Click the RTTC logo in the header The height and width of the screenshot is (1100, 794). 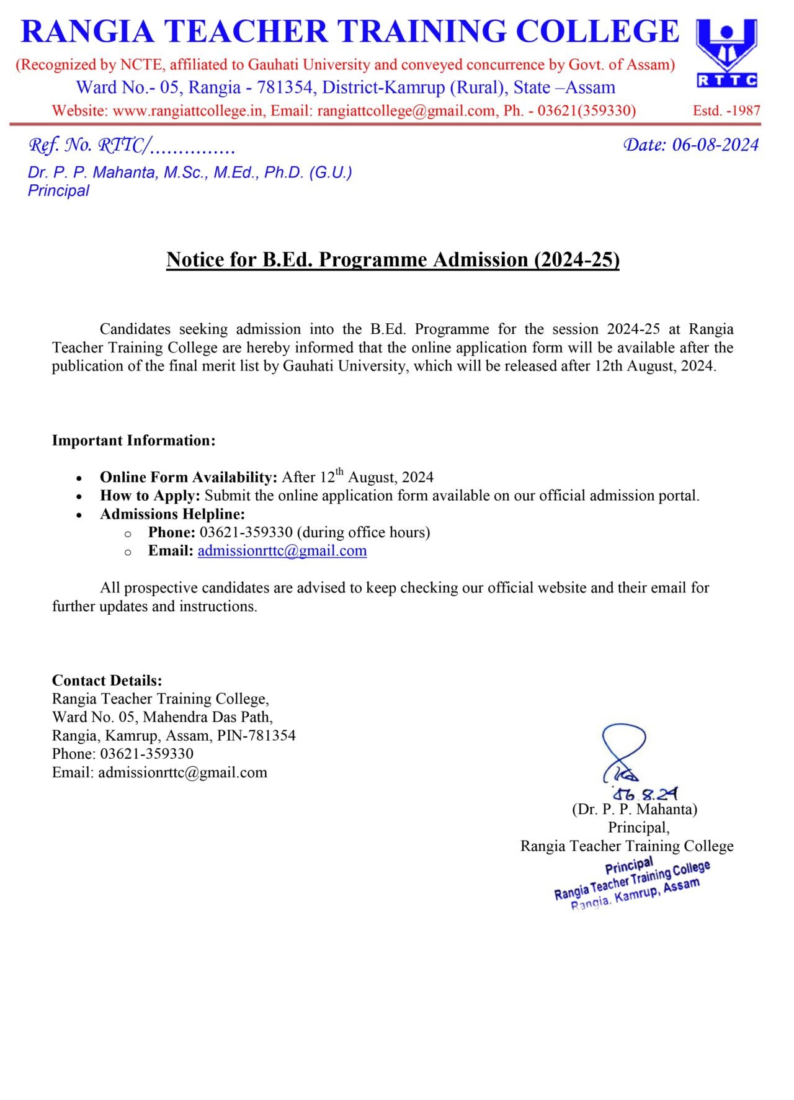pos(726,53)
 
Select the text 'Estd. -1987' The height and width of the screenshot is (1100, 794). pos(726,111)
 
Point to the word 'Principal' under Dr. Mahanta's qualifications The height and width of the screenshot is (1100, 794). pos(58,190)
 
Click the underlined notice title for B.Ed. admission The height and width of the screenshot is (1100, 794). pos(393,259)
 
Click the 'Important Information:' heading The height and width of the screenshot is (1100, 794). pos(133,440)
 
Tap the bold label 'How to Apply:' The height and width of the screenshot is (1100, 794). pos(150,496)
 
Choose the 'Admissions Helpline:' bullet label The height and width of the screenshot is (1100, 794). pos(172,514)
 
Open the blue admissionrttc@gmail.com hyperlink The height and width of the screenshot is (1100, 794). pos(282,551)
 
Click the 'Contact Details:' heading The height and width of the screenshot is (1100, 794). pos(107,681)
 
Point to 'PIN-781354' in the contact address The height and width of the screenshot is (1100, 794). pos(256,736)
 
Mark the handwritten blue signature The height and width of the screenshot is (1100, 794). pos(624,753)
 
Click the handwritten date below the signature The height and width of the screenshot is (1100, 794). pos(645,794)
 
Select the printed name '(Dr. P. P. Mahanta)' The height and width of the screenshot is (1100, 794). pos(634,809)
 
